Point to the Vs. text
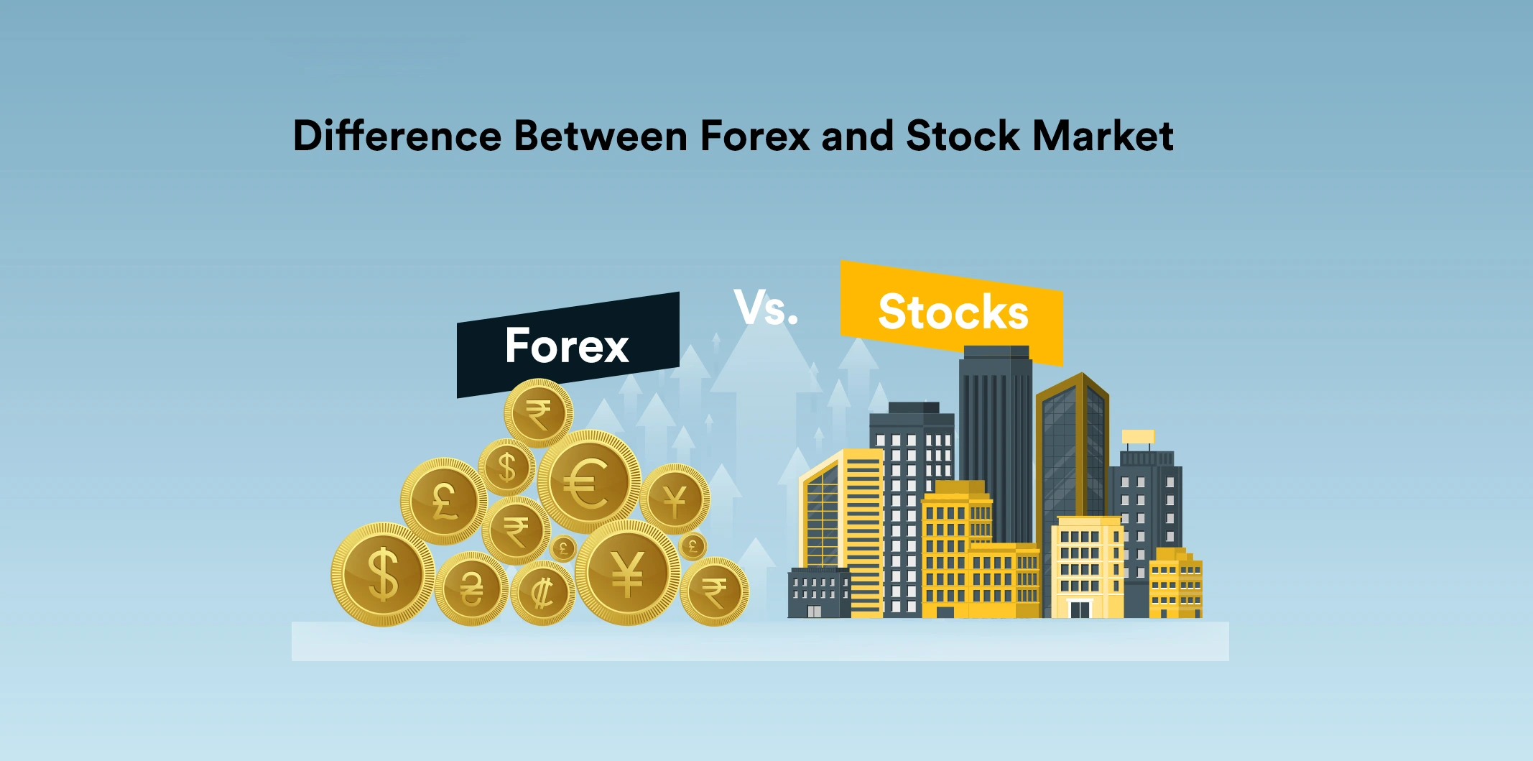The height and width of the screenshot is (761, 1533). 766,308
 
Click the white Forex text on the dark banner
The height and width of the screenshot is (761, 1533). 567,346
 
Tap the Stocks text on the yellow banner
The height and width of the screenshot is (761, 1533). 953,312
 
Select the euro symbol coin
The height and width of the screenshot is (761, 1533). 589,481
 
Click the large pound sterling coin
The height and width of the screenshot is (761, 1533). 443,501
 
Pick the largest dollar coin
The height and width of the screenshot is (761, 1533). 383,574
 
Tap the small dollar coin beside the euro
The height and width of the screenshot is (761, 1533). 507,467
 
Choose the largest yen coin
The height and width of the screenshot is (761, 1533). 627,573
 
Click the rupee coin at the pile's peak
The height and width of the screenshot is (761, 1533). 538,413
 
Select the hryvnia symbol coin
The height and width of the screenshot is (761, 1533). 472,589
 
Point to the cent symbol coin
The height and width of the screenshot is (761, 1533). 542,594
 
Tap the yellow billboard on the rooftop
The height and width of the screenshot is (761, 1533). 1138,437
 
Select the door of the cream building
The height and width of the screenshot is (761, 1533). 1080,609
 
